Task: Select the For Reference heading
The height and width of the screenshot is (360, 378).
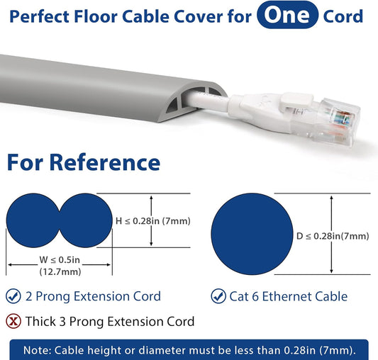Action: point(84,162)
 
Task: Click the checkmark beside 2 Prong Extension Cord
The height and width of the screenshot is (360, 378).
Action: point(13,296)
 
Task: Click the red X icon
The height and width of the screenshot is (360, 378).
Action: point(13,321)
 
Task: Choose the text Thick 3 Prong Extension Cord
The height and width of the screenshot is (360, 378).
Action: point(109,321)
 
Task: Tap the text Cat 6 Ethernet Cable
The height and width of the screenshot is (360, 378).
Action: point(288,296)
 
